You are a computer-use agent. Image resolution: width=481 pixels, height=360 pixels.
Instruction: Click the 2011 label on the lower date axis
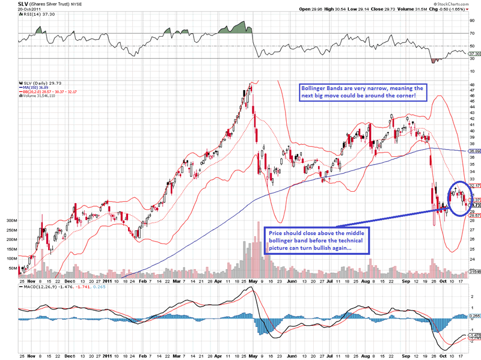(108, 280)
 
